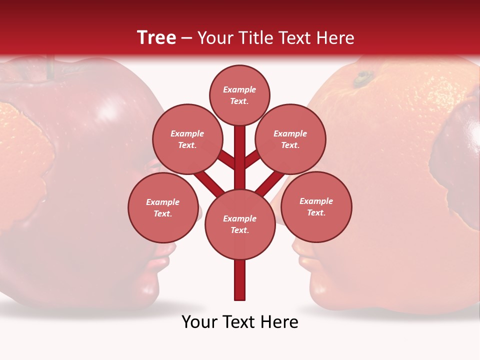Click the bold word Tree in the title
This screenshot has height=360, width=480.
156,37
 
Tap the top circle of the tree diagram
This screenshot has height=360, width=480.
239,95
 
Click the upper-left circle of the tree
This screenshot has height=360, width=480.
187,139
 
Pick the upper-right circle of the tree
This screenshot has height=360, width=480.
290,139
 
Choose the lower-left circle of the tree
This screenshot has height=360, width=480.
162,207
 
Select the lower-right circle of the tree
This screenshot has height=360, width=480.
316,206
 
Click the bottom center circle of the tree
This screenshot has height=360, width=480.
239,224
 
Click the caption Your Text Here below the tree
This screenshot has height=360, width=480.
239,322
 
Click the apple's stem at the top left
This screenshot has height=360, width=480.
50,68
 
